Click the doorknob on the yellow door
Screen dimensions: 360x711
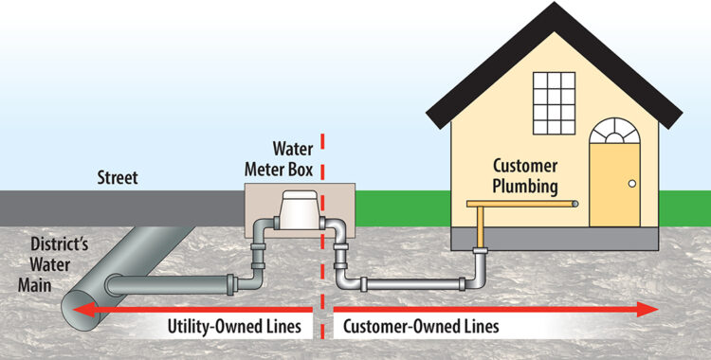(628, 184)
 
